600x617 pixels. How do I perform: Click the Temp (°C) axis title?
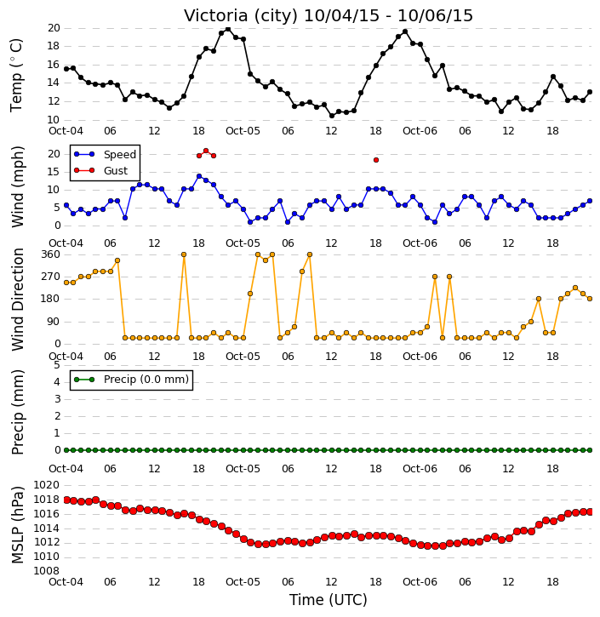[16, 75]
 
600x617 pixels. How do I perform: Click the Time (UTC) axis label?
[329, 600]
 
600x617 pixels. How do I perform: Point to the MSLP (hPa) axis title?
[17, 525]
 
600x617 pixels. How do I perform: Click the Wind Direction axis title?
[17, 300]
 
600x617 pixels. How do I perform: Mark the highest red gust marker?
[206, 151]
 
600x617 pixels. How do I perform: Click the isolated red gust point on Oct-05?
[376, 160]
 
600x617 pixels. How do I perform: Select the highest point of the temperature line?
[228, 29]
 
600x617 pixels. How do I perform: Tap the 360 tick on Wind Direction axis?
[51, 254]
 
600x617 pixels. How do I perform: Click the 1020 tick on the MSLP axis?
[47, 485]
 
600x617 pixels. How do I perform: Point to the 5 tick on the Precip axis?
[57, 365]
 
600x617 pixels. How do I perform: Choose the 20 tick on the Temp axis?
[54, 28]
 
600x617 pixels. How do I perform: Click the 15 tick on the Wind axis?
[54, 172]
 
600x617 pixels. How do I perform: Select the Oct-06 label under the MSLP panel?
[420, 581]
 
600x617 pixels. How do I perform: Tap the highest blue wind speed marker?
[199, 176]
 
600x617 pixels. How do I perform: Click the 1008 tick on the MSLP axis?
[47, 570]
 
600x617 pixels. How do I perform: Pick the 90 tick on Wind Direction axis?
[54, 322]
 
